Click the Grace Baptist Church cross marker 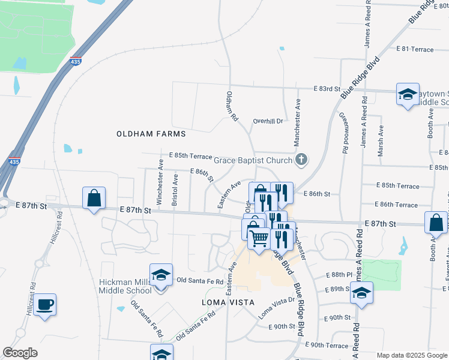pos(301,159)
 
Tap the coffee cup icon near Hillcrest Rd pos(45,305)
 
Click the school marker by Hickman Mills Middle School pos(161,275)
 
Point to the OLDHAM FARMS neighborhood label pos(151,134)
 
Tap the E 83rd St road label pos(327,88)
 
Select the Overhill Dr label pos(267,121)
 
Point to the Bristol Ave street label pos(175,190)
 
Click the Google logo pos(20,353)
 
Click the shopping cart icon pos(259,238)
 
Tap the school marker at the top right pos(408,95)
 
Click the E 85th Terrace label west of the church pos(190,155)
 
